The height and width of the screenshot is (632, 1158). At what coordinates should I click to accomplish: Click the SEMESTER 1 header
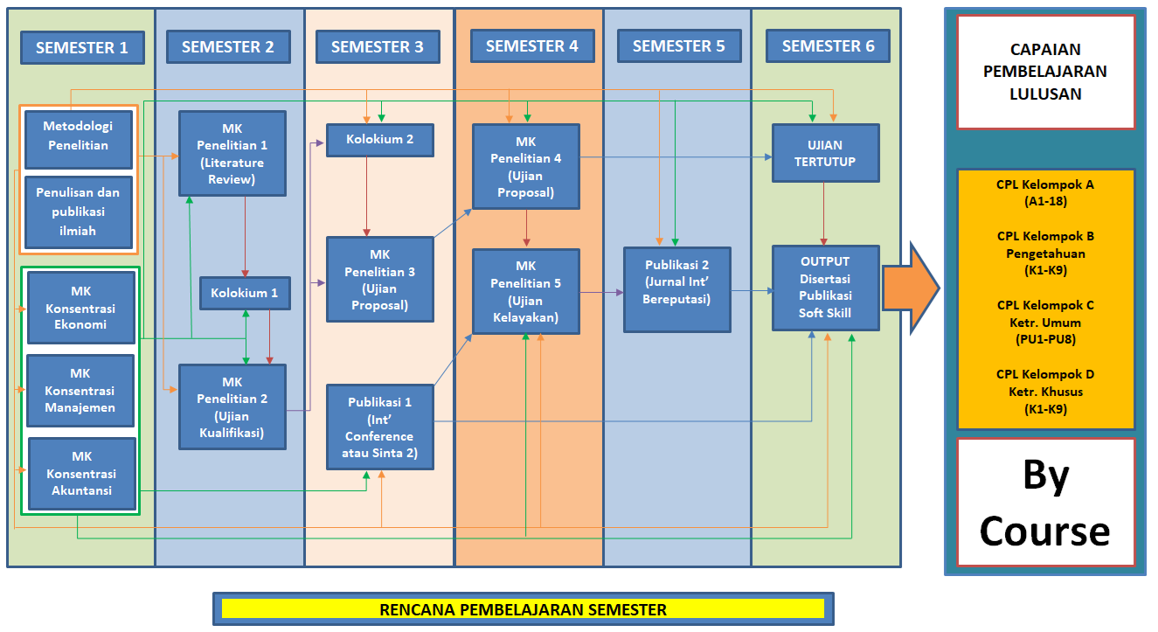[82, 47]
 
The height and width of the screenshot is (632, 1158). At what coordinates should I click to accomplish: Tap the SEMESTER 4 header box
[532, 46]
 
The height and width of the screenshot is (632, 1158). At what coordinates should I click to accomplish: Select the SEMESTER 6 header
[829, 46]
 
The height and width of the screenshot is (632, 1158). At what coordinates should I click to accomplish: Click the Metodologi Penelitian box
[79, 140]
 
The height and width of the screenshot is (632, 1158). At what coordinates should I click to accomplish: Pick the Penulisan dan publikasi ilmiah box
[79, 212]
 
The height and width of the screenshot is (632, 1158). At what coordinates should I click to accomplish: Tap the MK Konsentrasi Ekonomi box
[81, 308]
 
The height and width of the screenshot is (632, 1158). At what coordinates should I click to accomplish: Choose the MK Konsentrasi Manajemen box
[80, 391]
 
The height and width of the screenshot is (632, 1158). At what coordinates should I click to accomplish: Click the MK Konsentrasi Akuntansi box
[82, 474]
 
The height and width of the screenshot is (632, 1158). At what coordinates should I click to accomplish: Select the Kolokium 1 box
[245, 293]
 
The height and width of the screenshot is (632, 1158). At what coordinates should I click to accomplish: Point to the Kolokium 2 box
[380, 140]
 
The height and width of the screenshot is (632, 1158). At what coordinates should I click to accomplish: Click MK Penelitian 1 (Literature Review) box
[232, 154]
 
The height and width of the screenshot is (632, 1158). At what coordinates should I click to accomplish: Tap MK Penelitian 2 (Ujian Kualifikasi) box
[232, 407]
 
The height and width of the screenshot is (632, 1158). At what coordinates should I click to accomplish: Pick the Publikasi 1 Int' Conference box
[380, 427]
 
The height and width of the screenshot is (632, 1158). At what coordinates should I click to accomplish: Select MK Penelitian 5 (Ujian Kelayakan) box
[526, 292]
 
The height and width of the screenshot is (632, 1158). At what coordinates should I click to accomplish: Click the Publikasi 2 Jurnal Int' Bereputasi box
[677, 289]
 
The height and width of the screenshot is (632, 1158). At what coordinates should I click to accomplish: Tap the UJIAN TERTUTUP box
[826, 153]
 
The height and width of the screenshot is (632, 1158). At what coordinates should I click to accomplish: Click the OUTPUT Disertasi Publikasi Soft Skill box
[826, 288]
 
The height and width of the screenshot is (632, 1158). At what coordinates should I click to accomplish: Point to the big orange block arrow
[911, 288]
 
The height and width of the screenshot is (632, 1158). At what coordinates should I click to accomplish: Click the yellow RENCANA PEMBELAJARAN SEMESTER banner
[524, 608]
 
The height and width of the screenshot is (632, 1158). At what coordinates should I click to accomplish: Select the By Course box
[1046, 502]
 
